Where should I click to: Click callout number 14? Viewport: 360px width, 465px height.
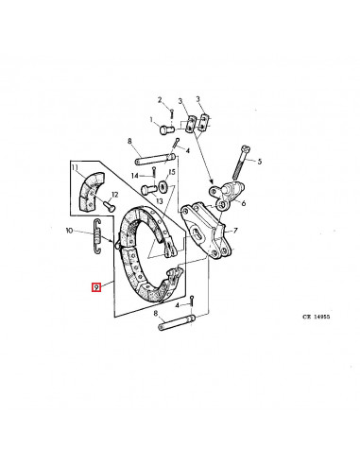coord(135,176)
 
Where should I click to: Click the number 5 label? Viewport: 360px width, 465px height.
coord(260,162)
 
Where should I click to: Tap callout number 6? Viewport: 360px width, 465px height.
coord(245,202)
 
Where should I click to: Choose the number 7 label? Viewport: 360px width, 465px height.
coord(236,231)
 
